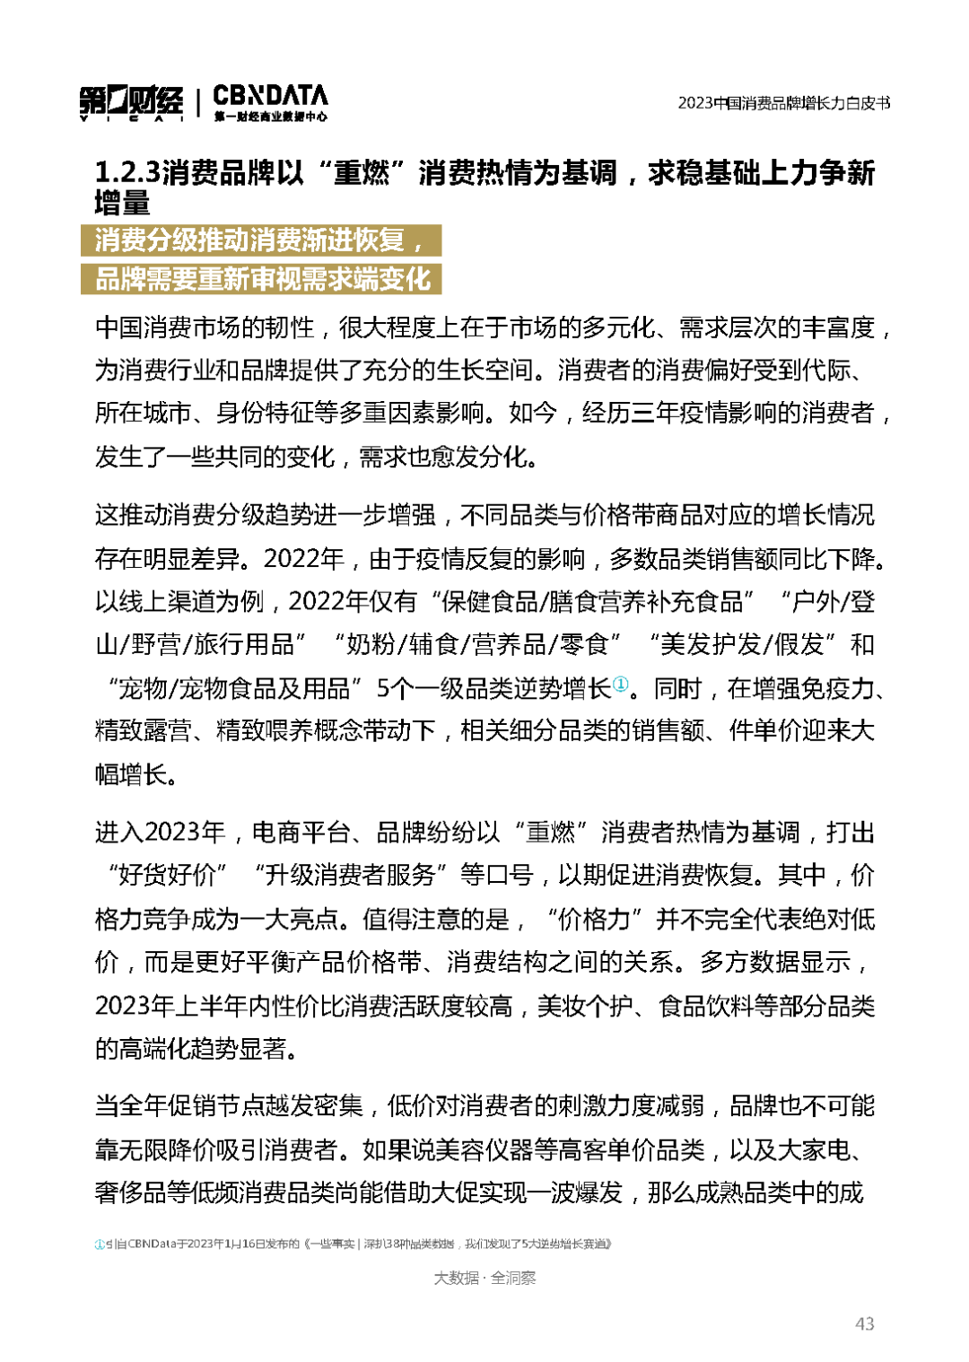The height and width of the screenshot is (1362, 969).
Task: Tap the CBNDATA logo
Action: tap(270, 101)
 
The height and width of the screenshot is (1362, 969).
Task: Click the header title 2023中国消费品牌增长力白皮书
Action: tap(783, 103)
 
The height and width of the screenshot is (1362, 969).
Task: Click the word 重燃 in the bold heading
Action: tap(362, 172)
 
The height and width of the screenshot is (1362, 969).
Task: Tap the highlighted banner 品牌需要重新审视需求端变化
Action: tap(262, 279)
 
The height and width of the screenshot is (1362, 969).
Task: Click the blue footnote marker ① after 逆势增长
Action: tap(620, 685)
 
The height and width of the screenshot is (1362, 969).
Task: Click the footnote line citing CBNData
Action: tap(354, 1244)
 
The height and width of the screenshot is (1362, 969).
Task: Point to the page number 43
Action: tap(864, 1323)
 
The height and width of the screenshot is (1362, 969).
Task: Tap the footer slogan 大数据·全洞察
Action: tap(484, 1278)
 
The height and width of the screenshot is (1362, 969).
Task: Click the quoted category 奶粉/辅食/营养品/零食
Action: tap(472, 644)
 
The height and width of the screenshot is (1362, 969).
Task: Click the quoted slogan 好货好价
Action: tap(167, 875)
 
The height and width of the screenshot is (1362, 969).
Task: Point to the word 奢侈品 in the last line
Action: tap(131, 1192)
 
